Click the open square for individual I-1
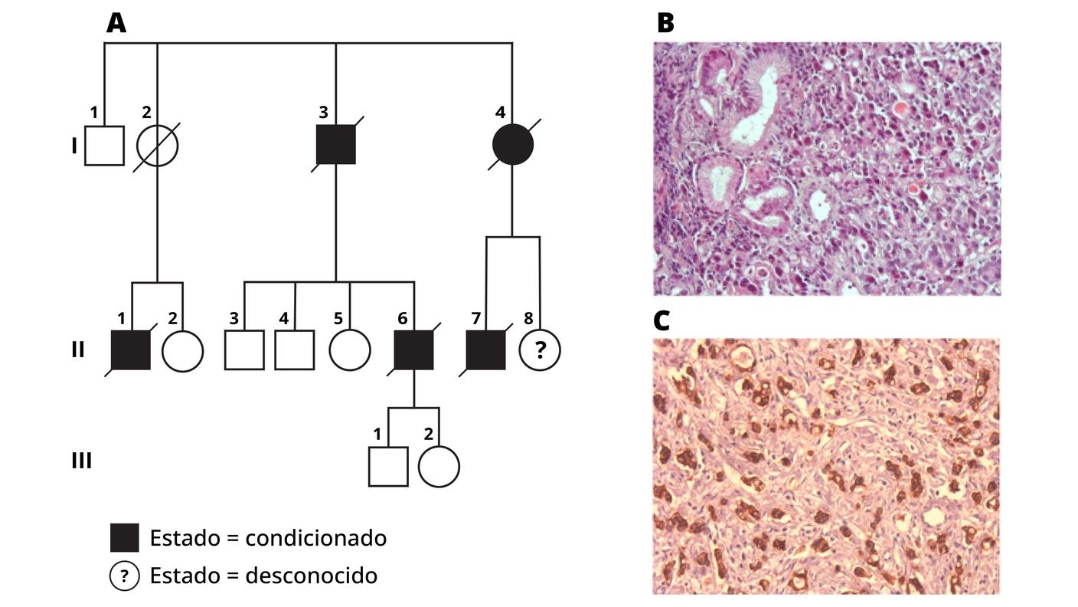[104, 145]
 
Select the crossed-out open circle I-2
[157, 145]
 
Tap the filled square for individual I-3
[336, 145]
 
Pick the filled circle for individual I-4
[512, 145]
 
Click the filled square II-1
[131, 350]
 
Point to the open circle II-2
[183, 350]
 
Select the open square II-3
[244, 350]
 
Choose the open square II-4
[295, 350]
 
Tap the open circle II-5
[350, 350]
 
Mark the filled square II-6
[414, 350]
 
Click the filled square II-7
[486, 350]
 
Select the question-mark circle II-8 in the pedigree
[540, 350]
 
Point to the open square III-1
[388, 466]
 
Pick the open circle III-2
[439, 466]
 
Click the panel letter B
[665, 24]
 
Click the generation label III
[81, 461]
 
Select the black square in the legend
[125, 538]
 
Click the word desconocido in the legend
[311, 575]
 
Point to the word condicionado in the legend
[315, 538]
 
